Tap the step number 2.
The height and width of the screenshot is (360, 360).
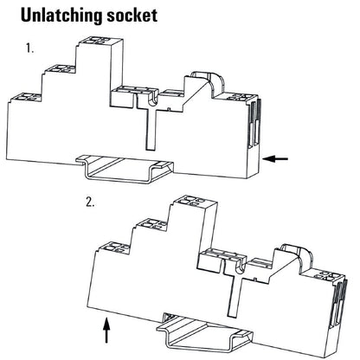click(x=90, y=205)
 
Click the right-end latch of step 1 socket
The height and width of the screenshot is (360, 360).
click(x=254, y=121)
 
